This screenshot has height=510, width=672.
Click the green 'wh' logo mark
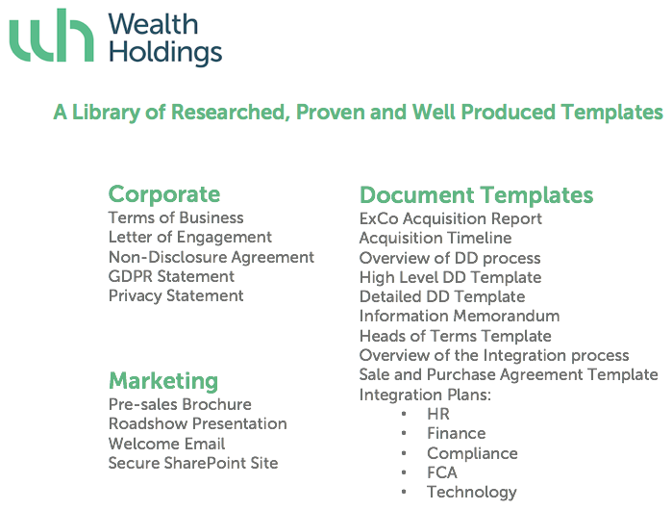51,36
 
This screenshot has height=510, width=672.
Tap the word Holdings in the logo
165,53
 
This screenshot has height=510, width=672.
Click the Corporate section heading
164,194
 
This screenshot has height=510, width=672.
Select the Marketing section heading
163,381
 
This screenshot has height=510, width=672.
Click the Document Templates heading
476,195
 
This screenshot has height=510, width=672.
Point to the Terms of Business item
176,217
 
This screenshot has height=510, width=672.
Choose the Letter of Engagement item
189,238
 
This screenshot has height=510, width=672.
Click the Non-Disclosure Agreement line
212,257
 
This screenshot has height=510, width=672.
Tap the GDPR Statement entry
171,276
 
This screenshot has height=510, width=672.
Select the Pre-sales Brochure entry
180,404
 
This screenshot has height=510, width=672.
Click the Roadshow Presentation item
198,423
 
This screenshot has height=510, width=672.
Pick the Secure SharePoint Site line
193,463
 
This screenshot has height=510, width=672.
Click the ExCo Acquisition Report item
451,218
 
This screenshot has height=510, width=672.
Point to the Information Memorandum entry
460,317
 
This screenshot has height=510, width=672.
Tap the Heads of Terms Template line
455,336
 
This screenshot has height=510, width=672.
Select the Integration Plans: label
425,395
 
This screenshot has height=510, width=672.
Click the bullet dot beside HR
404,414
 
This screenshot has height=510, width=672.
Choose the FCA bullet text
442,472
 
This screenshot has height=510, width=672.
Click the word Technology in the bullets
472,493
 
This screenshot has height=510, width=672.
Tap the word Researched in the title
228,113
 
